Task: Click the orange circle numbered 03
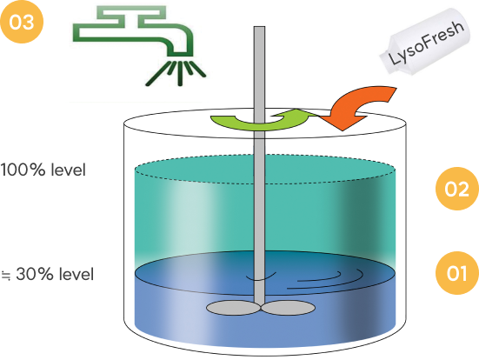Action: pyautogui.click(x=22, y=22)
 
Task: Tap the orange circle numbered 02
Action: pyautogui.click(x=457, y=189)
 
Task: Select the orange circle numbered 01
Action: pyautogui.click(x=457, y=273)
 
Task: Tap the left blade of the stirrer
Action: pyautogui.click(x=233, y=308)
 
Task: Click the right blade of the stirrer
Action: pyautogui.click(x=288, y=308)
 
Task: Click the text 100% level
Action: pyautogui.click(x=43, y=170)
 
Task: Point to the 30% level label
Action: pyautogui.click(x=48, y=274)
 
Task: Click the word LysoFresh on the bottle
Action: pyautogui.click(x=427, y=43)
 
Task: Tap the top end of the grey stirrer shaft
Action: pyautogui.click(x=259, y=27)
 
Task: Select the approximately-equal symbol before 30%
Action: pyautogui.click(x=6, y=276)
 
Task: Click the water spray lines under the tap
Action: pyautogui.click(x=176, y=73)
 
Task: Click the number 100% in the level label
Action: pyautogui.click(x=23, y=170)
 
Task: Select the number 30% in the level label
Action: pyautogui.click(x=35, y=274)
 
